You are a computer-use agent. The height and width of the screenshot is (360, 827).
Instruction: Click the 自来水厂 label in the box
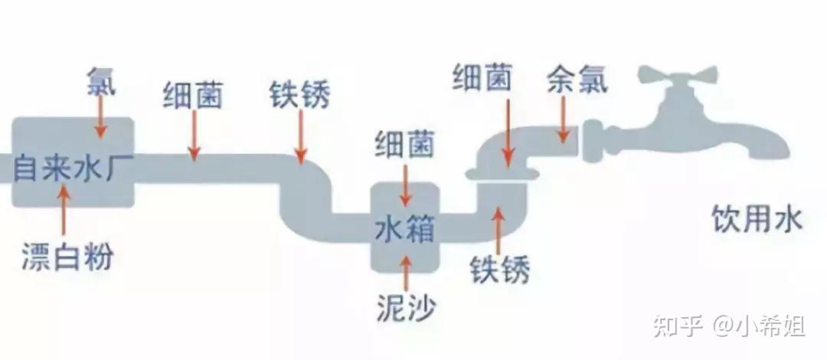(x=66, y=167)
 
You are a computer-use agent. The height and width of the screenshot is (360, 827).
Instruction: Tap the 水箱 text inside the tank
(x=404, y=230)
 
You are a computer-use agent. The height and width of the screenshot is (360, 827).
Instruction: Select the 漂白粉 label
(x=67, y=257)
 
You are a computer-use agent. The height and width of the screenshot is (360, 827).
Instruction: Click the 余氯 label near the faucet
(x=577, y=80)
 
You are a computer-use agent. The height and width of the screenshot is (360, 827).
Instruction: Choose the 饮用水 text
(x=757, y=218)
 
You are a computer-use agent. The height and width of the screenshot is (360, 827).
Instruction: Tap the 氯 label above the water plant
(x=101, y=81)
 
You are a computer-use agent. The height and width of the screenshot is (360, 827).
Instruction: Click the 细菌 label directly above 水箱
(x=404, y=144)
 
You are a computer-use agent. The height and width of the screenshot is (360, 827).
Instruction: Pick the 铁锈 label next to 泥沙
(x=499, y=269)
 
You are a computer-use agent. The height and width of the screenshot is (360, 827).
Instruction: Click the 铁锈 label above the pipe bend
(x=299, y=95)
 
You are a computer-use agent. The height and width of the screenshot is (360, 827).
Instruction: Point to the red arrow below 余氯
(x=564, y=119)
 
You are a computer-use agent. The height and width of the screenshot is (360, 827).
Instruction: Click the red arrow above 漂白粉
(x=64, y=211)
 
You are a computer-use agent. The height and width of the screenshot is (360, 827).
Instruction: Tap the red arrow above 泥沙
(x=406, y=273)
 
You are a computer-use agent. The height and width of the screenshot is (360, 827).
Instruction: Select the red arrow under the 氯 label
(x=100, y=117)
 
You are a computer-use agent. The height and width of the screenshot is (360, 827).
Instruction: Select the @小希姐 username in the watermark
(x=759, y=326)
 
